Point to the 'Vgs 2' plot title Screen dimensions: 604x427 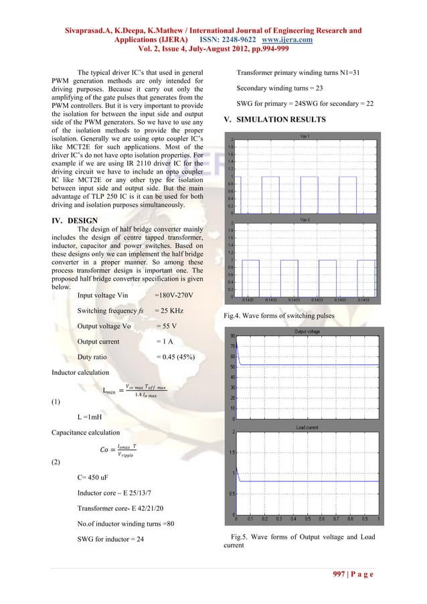305,219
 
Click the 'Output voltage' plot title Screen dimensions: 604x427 310,331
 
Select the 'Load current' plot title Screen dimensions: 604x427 309,427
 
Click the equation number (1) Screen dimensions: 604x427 58,403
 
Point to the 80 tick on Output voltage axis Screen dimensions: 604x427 232,335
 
